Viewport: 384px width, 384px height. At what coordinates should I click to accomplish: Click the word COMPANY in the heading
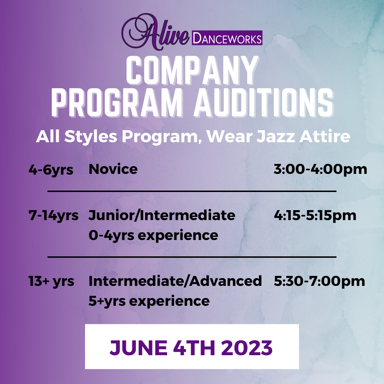192,71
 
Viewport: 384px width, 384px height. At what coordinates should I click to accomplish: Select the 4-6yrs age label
51,170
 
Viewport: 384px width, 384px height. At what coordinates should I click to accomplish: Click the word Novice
113,169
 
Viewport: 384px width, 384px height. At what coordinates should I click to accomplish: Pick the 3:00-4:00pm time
320,169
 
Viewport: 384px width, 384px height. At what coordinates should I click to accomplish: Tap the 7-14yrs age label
54,215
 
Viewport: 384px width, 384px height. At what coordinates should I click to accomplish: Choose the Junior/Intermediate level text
162,215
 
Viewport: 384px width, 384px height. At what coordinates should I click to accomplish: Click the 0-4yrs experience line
153,235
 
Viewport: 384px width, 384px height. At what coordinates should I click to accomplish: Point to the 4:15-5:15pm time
315,215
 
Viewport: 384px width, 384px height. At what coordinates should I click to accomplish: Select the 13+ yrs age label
52,281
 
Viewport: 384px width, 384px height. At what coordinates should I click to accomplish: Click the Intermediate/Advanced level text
175,281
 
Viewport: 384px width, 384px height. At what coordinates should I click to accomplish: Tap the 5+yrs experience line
149,301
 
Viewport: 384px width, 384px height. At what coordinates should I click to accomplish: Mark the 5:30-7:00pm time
319,281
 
